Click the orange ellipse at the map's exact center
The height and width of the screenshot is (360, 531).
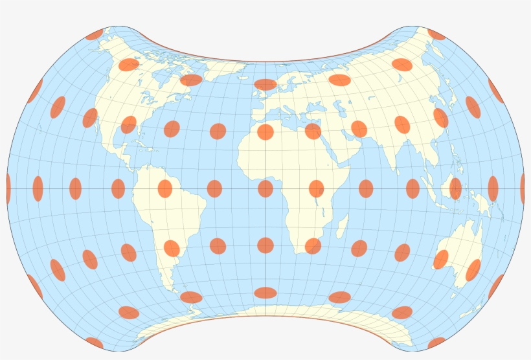(x=265, y=188)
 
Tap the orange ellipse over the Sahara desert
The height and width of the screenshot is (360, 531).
(x=265, y=132)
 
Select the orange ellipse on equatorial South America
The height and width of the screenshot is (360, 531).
(x=165, y=188)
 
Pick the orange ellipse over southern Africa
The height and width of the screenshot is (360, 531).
(x=313, y=246)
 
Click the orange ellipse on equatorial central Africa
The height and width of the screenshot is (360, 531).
(x=316, y=188)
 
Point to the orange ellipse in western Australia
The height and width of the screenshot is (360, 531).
(x=441, y=259)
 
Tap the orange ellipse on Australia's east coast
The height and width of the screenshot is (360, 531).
(x=473, y=270)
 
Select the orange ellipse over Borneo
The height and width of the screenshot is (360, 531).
(x=455, y=188)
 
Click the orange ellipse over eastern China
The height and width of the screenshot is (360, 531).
(x=440, y=118)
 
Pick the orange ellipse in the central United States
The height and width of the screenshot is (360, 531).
(x=129, y=124)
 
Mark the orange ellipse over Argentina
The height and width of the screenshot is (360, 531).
(x=172, y=248)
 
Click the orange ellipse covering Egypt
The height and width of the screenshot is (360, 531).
(x=313, y=131)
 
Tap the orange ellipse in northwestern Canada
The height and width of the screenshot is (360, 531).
(x=129, y=64)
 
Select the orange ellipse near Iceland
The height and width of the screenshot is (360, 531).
(x=265, y=84)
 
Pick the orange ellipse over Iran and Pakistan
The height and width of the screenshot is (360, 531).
(x=359, y=129)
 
